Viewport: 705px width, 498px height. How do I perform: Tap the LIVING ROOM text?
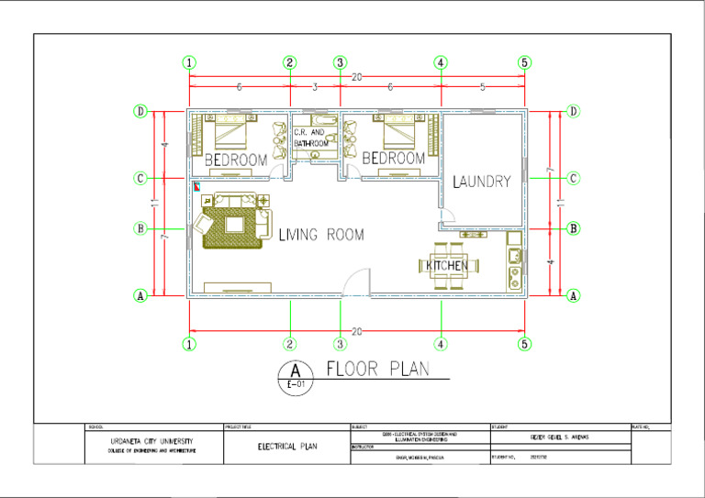pos(320,236)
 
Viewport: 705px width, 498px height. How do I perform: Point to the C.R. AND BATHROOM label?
pos(310,138)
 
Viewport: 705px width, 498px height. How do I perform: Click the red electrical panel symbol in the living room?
pos(196,184)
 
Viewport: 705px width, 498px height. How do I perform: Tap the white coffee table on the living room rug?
pos(234,223)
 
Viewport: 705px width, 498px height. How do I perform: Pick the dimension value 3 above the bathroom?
pos(315,87)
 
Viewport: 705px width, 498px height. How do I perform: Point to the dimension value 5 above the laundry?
pos(483,87)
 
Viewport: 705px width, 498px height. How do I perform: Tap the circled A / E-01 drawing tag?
pos(295,376)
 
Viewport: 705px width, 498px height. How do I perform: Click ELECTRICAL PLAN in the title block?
pos(287,447)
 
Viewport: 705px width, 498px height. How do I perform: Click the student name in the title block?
pos(561,437)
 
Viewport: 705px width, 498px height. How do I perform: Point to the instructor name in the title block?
pos(420,456)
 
